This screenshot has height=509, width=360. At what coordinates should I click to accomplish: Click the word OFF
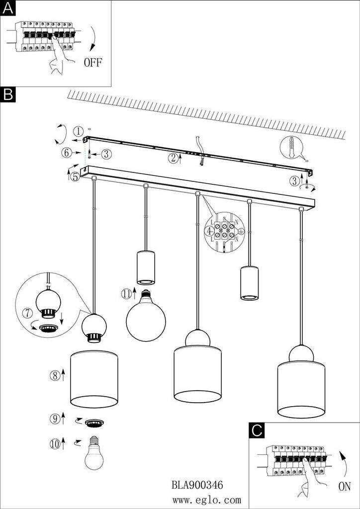click(x=93, y=63)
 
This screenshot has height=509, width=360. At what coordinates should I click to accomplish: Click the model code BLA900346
click(x=197, y=484)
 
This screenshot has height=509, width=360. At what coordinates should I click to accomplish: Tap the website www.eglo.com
click(x=207, y=500)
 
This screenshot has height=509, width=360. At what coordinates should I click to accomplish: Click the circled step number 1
click(x=78, y=132)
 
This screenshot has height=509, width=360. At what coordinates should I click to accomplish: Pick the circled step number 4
click(x=210, y=231)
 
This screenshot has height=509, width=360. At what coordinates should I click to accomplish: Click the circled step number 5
click(x=75, y=176)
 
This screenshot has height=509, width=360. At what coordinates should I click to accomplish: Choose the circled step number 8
click(x=55, y=375)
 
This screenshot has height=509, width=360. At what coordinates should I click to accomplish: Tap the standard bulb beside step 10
click(x=94, y=454)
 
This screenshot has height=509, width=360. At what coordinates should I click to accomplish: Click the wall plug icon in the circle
click(x=295, y=147)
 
